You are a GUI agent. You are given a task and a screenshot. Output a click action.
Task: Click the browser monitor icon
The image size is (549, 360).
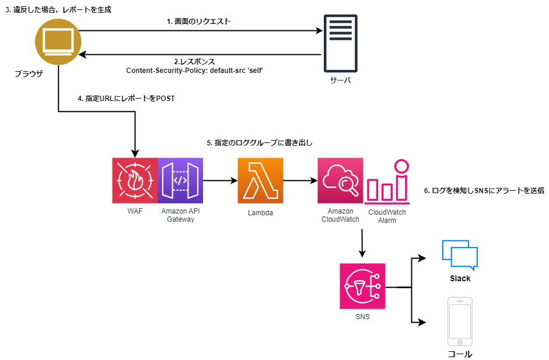57,42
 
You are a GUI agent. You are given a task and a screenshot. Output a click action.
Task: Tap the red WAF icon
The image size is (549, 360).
135,180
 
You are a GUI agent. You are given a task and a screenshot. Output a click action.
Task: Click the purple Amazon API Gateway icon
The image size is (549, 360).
180,180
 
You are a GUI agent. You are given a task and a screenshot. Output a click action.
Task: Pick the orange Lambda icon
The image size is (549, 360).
260,180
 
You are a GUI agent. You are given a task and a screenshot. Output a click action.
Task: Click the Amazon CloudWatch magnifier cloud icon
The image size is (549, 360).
340,180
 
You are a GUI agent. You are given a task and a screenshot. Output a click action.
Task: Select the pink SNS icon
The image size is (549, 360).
362,286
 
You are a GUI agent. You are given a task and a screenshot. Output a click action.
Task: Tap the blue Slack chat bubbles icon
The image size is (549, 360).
460,253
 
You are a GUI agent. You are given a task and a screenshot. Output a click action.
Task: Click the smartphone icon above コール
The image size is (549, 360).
460,321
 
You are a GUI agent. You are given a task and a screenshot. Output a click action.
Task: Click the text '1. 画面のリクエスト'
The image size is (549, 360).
198,22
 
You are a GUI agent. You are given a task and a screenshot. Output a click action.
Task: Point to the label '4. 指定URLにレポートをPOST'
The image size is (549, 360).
126,99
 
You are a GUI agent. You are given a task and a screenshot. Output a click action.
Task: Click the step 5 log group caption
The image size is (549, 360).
264,142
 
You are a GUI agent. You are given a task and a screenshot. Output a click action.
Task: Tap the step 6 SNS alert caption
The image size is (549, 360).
484,191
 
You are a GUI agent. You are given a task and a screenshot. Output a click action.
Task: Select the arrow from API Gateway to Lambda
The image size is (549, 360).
218,181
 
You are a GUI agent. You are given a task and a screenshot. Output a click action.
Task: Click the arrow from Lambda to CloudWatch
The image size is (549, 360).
300,181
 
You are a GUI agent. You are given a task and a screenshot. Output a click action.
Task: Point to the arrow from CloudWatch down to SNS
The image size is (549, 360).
362,243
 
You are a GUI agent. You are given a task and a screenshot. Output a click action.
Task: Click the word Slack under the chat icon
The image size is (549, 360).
460,278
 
